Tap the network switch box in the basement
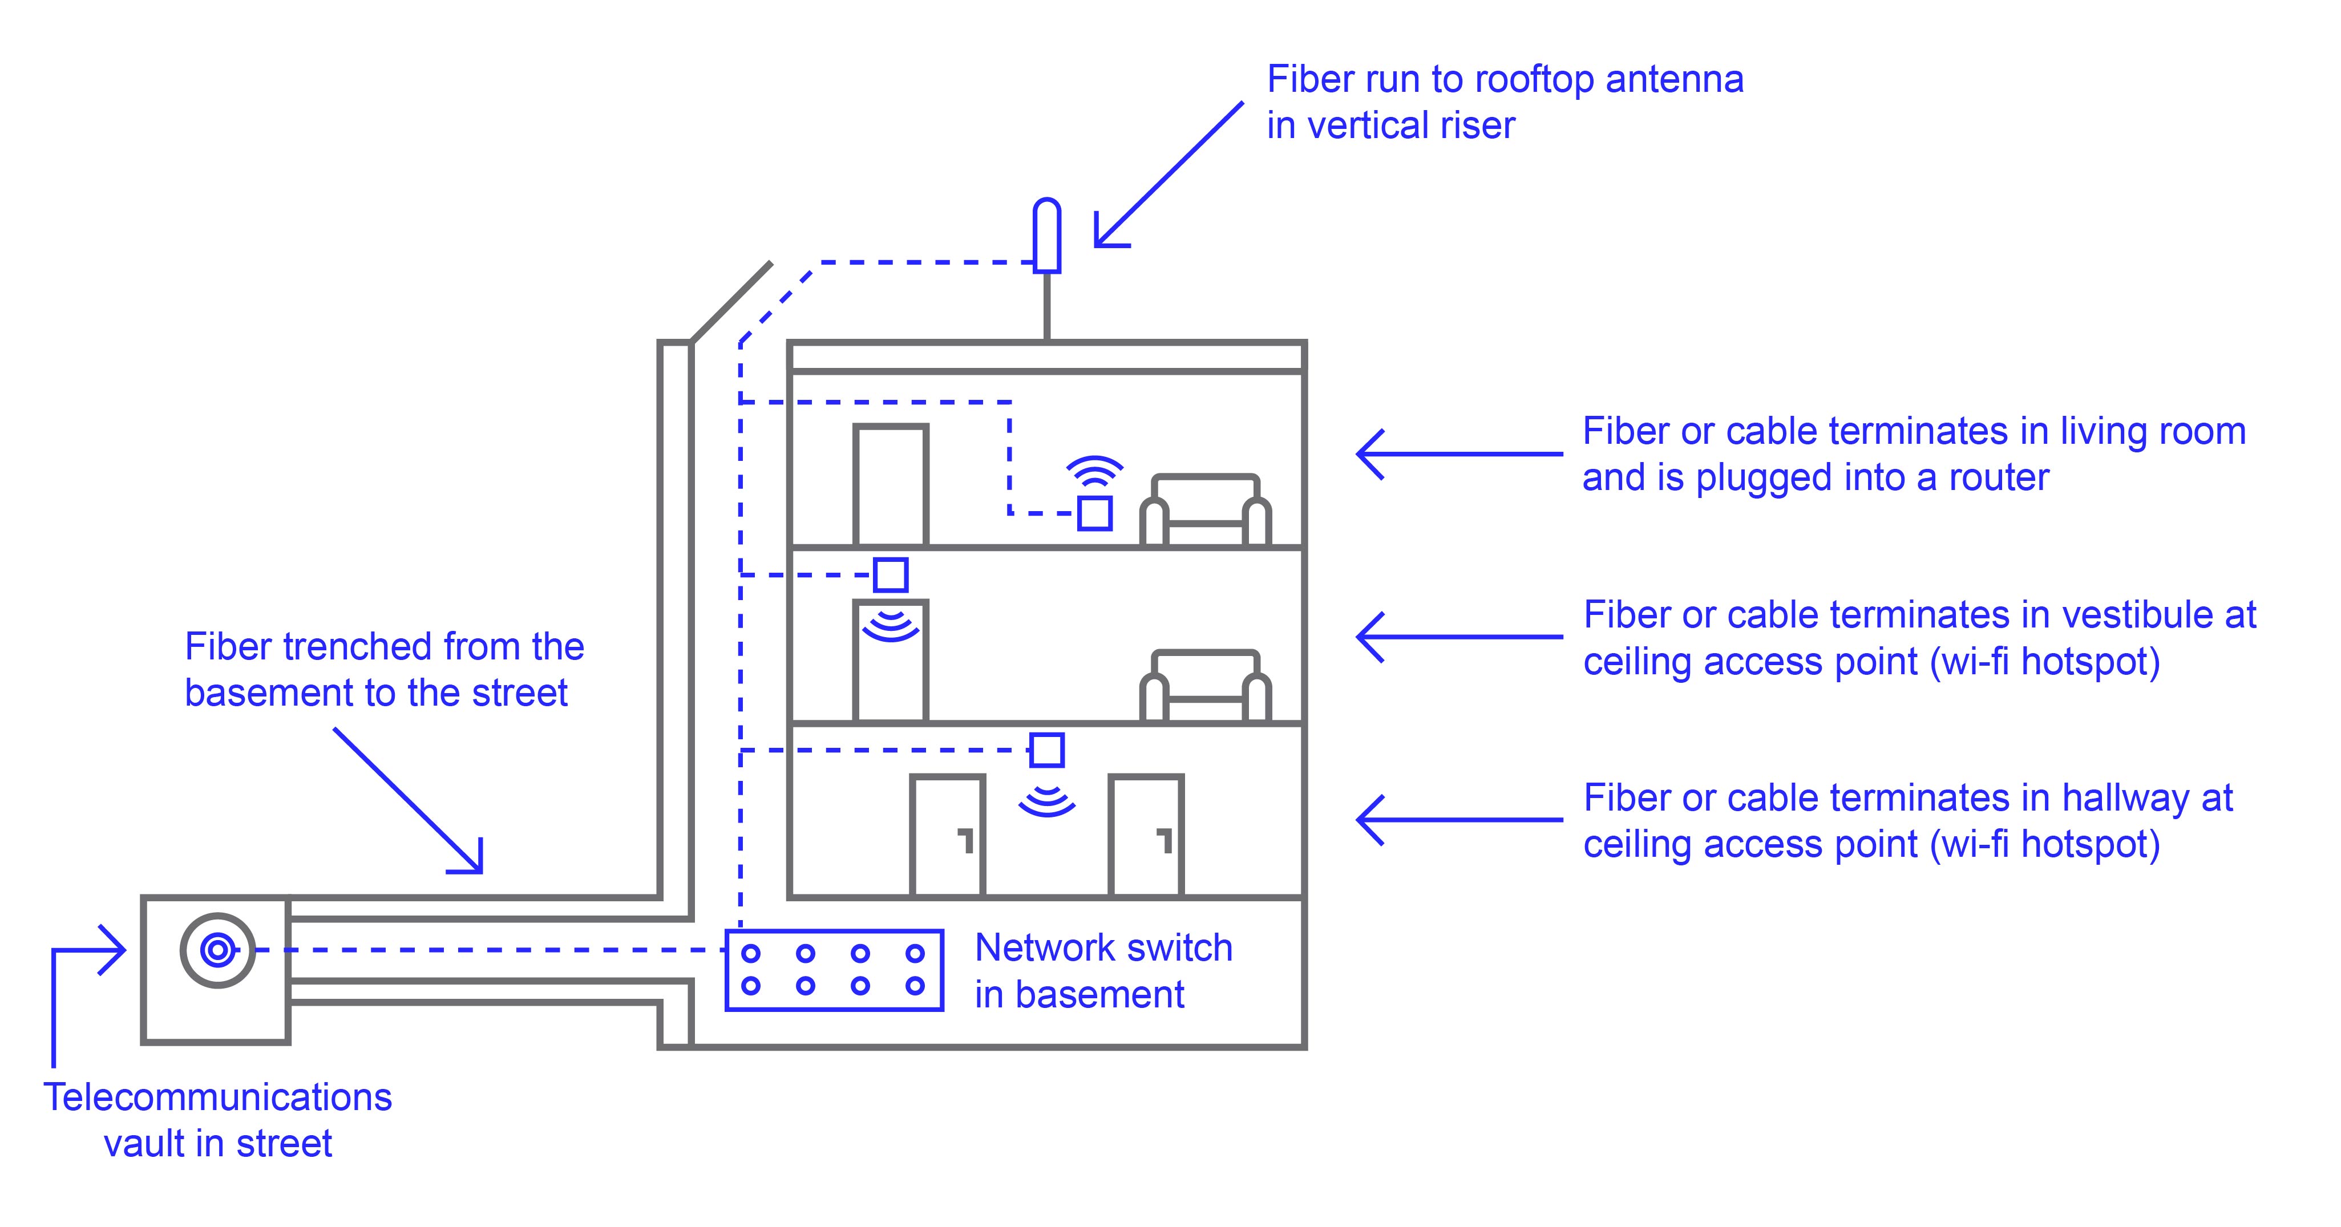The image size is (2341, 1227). pyautogui.click(x=834, y=970)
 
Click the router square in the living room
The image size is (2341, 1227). pyautogui.click(x=1094, y=513)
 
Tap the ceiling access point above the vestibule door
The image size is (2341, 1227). pyautogui.click(x=891, y=574)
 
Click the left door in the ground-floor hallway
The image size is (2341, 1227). pyautogui.click(x=948, y=836)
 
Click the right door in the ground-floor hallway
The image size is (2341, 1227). pyautogui.click(x=1146, y=836)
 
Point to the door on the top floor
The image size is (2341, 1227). pyautogui.click(x=891, y=486)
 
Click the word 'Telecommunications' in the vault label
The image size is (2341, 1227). pyautogui.click(x=217, y=1097)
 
